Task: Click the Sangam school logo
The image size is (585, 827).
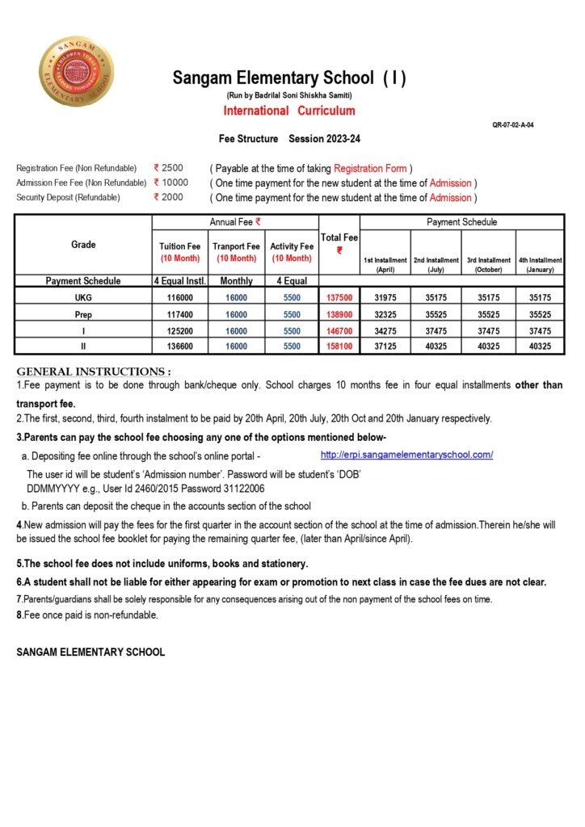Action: (x=76, y=71)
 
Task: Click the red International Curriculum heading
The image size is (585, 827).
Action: (x=288, y=111)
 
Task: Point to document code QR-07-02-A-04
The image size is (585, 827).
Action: (x=512, y=125)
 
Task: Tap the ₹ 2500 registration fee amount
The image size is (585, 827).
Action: (x=169, y=168)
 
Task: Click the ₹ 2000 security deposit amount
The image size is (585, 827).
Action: (x=169, y=197)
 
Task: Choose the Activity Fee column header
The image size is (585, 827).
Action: (x=292, y=252)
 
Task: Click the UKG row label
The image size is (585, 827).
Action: (x=83, y=298)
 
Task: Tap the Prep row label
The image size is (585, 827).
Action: (x=83, y=314)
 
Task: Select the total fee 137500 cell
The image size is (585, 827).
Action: (x=339, y=298)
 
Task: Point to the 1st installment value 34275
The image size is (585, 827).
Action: (x=385, y=330)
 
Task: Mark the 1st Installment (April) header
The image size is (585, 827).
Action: (x=385, y=265)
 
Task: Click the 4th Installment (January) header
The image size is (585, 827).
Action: (x=540, y=265)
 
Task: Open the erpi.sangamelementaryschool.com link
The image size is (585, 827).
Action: (x=406, y=455)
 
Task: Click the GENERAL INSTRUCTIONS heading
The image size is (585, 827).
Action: (x=94, y=372)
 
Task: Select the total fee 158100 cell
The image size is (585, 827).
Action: (x=339, y=346)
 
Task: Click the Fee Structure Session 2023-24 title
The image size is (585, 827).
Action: (x=289, y=139)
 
